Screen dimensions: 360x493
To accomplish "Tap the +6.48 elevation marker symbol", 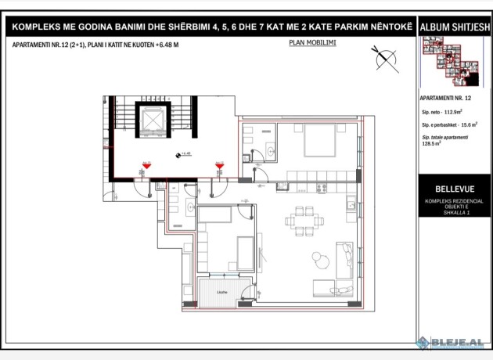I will pos(179,155).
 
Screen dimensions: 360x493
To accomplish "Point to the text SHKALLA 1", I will pos(452,213).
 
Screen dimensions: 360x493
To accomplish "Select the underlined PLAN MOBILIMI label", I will pos(311,43).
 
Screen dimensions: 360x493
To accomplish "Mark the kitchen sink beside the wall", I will pos(345,206).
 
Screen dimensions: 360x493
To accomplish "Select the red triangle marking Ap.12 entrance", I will pos(220,165).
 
